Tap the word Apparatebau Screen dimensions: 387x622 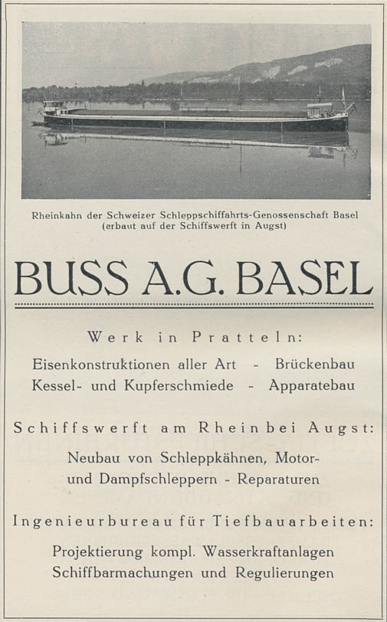point(311,385)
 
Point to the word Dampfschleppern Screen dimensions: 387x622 point(166,480)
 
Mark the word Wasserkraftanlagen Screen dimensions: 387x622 point(274,551)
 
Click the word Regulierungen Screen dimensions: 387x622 point(277,573)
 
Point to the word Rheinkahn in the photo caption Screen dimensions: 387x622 point(57,214)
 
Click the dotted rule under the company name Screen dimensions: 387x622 point(193,305)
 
